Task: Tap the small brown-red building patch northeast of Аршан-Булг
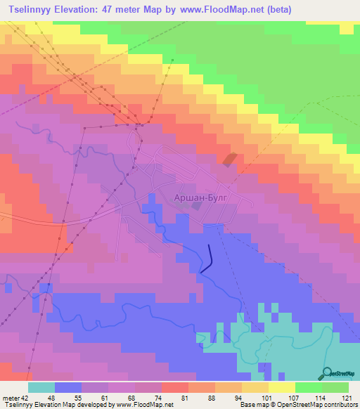click(230, 160)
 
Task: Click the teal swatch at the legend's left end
click(41, 387)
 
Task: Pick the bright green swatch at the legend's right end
click(335, 387)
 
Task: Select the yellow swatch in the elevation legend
click(282, 387)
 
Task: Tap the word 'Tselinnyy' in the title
click(27, 8)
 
